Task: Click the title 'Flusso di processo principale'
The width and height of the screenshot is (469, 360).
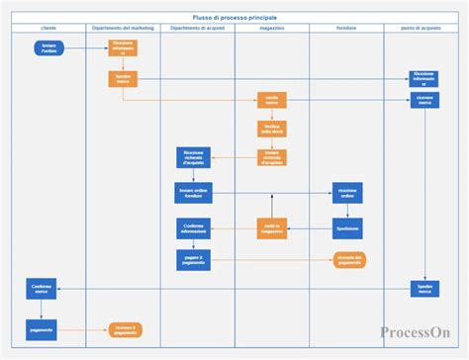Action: pos(234,18)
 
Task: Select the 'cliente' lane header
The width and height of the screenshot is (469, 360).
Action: pos(48,29)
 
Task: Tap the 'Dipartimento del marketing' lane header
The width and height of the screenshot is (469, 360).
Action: pos(123,29)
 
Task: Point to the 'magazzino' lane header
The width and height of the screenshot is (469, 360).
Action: pos(272,29)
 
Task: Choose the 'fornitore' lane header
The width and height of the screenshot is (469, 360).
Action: pos(346,29)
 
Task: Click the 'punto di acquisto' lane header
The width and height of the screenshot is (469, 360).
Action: pos(421,29)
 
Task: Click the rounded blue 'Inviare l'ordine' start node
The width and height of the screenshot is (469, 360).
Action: pos(48,47)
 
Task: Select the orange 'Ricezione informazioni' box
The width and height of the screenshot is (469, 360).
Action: pos(123,47)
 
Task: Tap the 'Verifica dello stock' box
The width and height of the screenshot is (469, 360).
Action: pos(272,129)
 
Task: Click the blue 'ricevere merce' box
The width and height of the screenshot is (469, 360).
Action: pos(424,100)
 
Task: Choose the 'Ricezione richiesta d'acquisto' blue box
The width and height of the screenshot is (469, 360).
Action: pos(193,156)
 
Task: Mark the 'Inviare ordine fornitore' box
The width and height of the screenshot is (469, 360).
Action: pos(193,192)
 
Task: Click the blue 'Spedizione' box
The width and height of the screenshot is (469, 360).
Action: pos(347,228)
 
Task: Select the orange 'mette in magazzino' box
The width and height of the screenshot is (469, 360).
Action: pos(272,228)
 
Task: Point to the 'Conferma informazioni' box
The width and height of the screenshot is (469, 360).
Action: pos(193,228)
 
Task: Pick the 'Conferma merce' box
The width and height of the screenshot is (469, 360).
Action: pos(41,288)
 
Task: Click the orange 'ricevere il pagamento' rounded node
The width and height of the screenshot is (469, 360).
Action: pos(125,329)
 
